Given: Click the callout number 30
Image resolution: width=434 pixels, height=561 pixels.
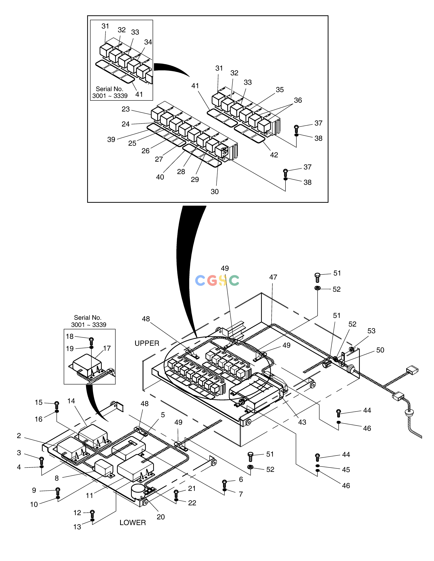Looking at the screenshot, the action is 215,192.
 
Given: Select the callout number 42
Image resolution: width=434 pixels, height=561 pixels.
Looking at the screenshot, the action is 274,155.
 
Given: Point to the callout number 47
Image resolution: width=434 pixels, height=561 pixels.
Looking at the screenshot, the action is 273,277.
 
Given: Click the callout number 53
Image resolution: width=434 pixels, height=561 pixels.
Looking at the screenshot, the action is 371,331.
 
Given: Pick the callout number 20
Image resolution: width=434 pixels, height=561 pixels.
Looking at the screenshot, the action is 161,517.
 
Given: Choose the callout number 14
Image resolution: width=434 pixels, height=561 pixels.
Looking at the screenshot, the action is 71,401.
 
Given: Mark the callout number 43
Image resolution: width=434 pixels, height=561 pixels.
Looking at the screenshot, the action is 302,422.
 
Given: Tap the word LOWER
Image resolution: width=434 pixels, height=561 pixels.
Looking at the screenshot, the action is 133,522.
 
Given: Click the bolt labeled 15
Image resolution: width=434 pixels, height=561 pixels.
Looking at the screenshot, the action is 57,405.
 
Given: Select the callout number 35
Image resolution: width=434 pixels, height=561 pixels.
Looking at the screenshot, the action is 280,90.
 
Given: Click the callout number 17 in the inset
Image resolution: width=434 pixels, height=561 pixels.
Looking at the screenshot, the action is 107,348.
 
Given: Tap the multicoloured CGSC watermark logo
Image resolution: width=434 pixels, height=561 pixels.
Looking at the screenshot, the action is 217,281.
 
